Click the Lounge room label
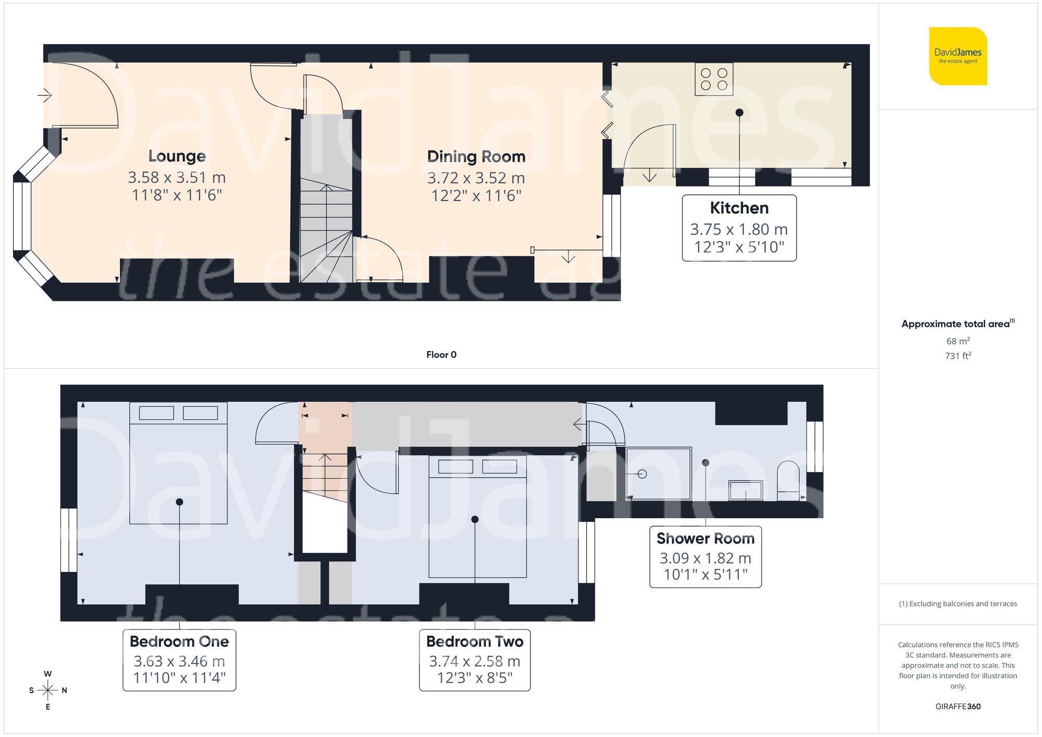[177, 156]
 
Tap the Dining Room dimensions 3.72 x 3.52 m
[476, 178]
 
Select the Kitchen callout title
[739, 208]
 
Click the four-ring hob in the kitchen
[714, 79]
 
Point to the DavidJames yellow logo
[958, 56]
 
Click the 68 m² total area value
[958, 341]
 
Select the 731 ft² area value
[958, 356]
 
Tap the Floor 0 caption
[441, 355]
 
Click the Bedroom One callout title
[179, 641]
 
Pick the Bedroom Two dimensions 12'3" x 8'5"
[475, 678]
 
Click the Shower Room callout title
[705, 538]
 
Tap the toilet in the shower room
[788, 480]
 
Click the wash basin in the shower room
[745, 491]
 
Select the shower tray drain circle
[642, 474]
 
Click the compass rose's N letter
[64, 691]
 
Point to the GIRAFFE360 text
[958, 706]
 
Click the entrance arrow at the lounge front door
[45, 95]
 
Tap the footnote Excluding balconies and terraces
[958, 604]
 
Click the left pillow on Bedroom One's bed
[156, 413]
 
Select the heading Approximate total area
[956, 324]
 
